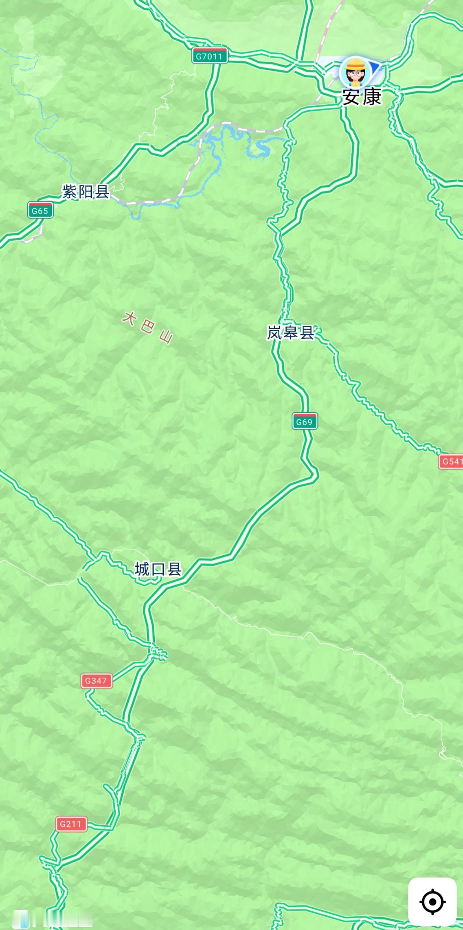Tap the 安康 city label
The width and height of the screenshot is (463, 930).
pos(362,97)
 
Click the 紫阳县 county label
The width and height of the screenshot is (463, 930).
pos(86,192)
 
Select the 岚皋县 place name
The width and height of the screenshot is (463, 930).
pos(290,333)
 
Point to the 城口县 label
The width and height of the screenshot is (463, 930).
pos(158,569)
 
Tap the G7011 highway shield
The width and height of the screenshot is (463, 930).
pos(209,56)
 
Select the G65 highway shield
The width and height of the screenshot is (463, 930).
pos(40,211)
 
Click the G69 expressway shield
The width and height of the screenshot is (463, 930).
pos(305,422)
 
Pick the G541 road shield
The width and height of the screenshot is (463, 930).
pos(451,461)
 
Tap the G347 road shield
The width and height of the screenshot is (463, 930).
pos(96,681)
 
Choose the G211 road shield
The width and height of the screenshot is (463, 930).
pos(71,824)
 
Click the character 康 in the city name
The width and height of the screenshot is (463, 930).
pos(372,97)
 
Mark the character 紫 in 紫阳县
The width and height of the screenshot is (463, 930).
pos(70,192)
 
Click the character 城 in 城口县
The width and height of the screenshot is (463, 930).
pos(142,569)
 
